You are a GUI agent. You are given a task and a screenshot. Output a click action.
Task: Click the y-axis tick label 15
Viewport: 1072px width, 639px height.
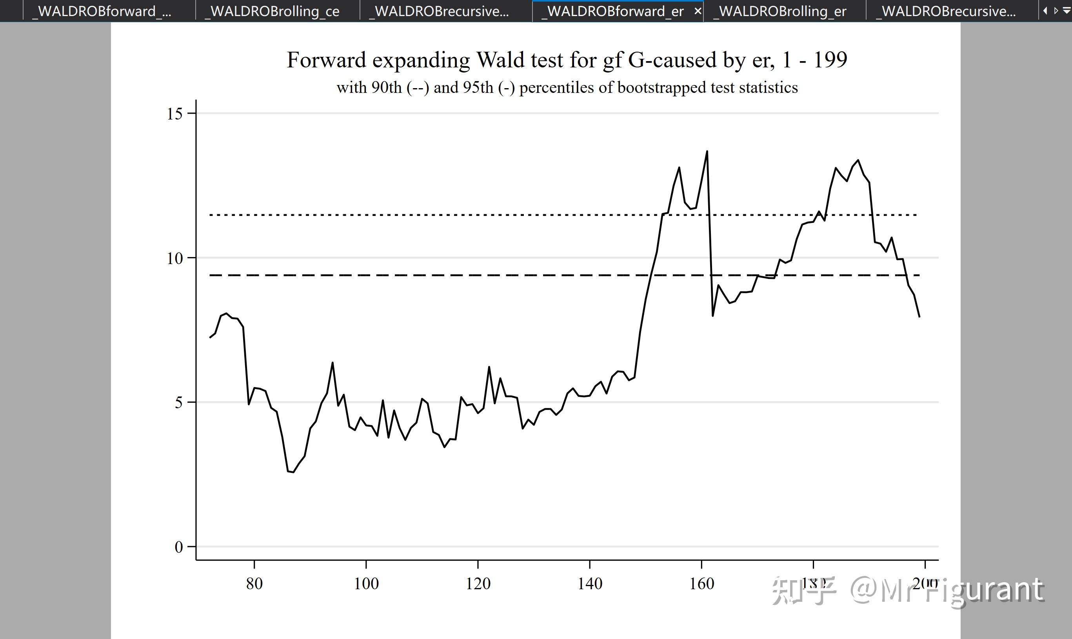point(174,114)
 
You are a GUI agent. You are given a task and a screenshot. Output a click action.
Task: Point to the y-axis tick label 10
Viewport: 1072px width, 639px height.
point(174,258)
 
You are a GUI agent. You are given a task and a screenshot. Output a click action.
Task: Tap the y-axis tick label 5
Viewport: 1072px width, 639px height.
point(178,403)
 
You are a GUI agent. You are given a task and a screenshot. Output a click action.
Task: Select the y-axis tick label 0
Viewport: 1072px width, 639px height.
point(178,547)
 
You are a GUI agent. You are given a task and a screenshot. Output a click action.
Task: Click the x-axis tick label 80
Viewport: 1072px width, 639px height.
point(254,584)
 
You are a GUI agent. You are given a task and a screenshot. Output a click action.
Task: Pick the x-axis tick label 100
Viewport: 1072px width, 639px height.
point(366,584)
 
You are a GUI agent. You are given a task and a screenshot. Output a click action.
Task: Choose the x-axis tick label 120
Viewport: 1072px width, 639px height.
point(478,584)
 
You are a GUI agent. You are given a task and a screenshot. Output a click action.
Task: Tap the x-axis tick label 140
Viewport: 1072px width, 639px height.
point(590,584)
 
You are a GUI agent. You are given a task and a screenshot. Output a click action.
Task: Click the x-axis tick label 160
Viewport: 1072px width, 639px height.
point(701,584)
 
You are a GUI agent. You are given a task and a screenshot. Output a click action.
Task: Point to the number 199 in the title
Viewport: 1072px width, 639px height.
point(830,60)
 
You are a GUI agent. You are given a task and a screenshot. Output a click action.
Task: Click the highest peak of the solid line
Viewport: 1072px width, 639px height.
point(707,151)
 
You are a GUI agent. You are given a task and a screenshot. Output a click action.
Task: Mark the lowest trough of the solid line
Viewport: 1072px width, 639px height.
point(293,472)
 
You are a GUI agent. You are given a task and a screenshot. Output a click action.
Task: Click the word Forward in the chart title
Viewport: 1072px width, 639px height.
point(327,60)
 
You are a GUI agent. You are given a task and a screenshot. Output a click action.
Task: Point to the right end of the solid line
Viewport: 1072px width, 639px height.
point(919,317)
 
